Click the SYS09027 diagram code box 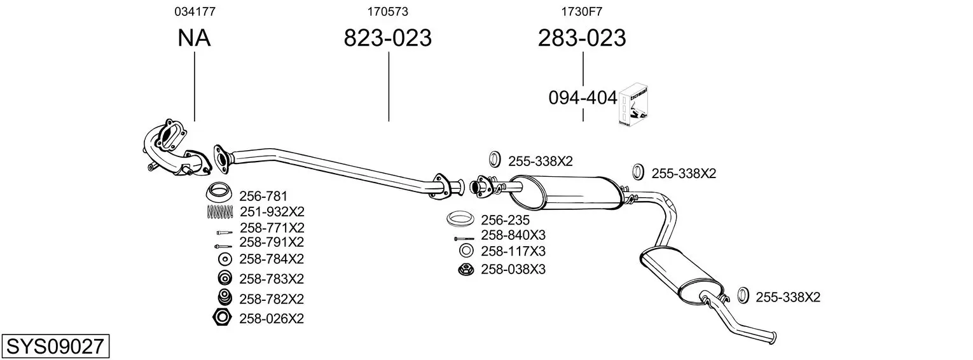pyautogui.click(x=55, y=346)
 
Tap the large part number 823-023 pyautogui.click(x=388, y=38)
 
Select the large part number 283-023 pyautogui.click(x=582, y=38)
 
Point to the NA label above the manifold pyautogui.click(x=194, y=38)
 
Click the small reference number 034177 pyautogui.click(x=195, y=11)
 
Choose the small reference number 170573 pyautogui.click(x=388, y=11)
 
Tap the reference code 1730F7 pyautogui.click(x=582, y=11)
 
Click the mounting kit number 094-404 pyautogui.click(x=583, y=98)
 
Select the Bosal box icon pyautogui.click(x=633, y=105)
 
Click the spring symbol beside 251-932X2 pyautogui.click(x=220, y=211)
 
